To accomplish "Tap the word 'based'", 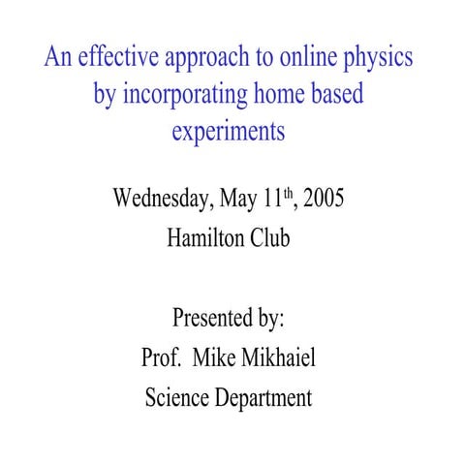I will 339,94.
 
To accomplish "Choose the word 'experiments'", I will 229,132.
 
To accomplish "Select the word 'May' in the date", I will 239,200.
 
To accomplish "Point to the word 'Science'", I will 177,396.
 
